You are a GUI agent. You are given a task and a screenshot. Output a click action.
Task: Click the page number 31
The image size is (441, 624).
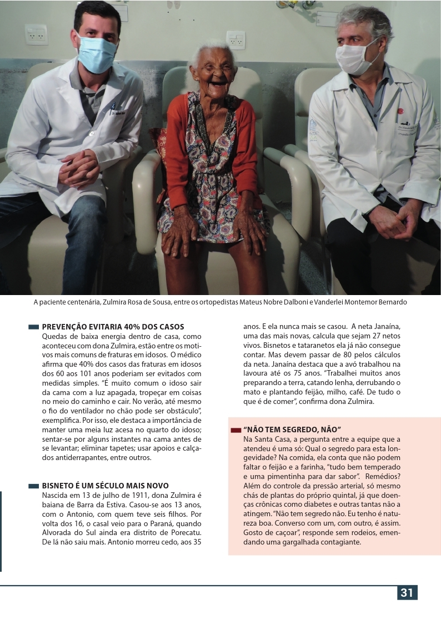click(407, 592)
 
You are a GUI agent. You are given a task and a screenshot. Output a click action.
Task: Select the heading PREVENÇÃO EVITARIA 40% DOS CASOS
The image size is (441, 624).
click(113, 327)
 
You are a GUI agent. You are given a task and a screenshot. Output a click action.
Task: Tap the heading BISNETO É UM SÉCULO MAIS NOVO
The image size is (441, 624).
click(105, 486)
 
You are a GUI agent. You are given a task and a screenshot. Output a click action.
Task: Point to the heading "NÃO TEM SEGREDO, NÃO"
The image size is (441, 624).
click(292, 430)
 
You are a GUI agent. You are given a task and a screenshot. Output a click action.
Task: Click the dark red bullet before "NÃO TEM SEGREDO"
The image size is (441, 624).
click(235, 430)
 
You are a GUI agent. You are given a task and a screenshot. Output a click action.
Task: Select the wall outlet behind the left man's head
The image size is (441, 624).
click(36, 34)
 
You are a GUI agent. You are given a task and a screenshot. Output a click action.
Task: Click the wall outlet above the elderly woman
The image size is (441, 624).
click(235, 39)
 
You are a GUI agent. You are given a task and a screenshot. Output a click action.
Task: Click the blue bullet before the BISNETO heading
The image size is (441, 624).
click(33, 486)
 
